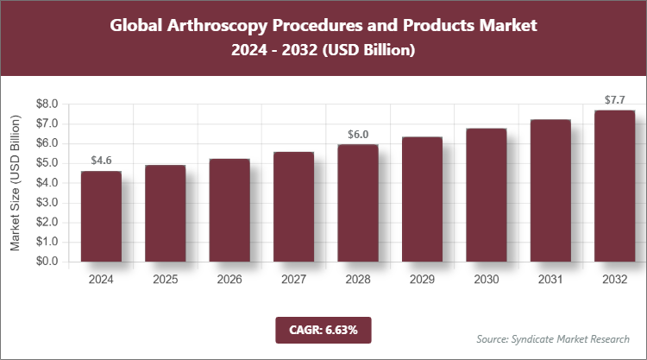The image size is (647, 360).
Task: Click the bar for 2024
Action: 101,217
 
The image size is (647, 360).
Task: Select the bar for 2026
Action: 229,211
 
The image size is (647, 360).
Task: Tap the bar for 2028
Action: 357,203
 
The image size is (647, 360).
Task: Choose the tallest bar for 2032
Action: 614,186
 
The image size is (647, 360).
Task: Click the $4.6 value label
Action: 101,161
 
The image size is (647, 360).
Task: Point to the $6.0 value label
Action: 357,134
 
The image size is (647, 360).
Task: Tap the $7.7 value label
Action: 614,100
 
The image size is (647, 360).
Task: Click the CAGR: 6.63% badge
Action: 323,329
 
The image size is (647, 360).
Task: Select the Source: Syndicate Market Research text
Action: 553,338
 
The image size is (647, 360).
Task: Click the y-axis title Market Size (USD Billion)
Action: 16,183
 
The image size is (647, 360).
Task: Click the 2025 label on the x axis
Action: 165,280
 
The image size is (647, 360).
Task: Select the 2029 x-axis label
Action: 422,280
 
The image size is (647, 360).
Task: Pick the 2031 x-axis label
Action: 550,280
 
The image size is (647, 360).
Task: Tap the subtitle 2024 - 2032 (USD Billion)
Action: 323,51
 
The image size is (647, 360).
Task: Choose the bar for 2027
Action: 293,207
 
